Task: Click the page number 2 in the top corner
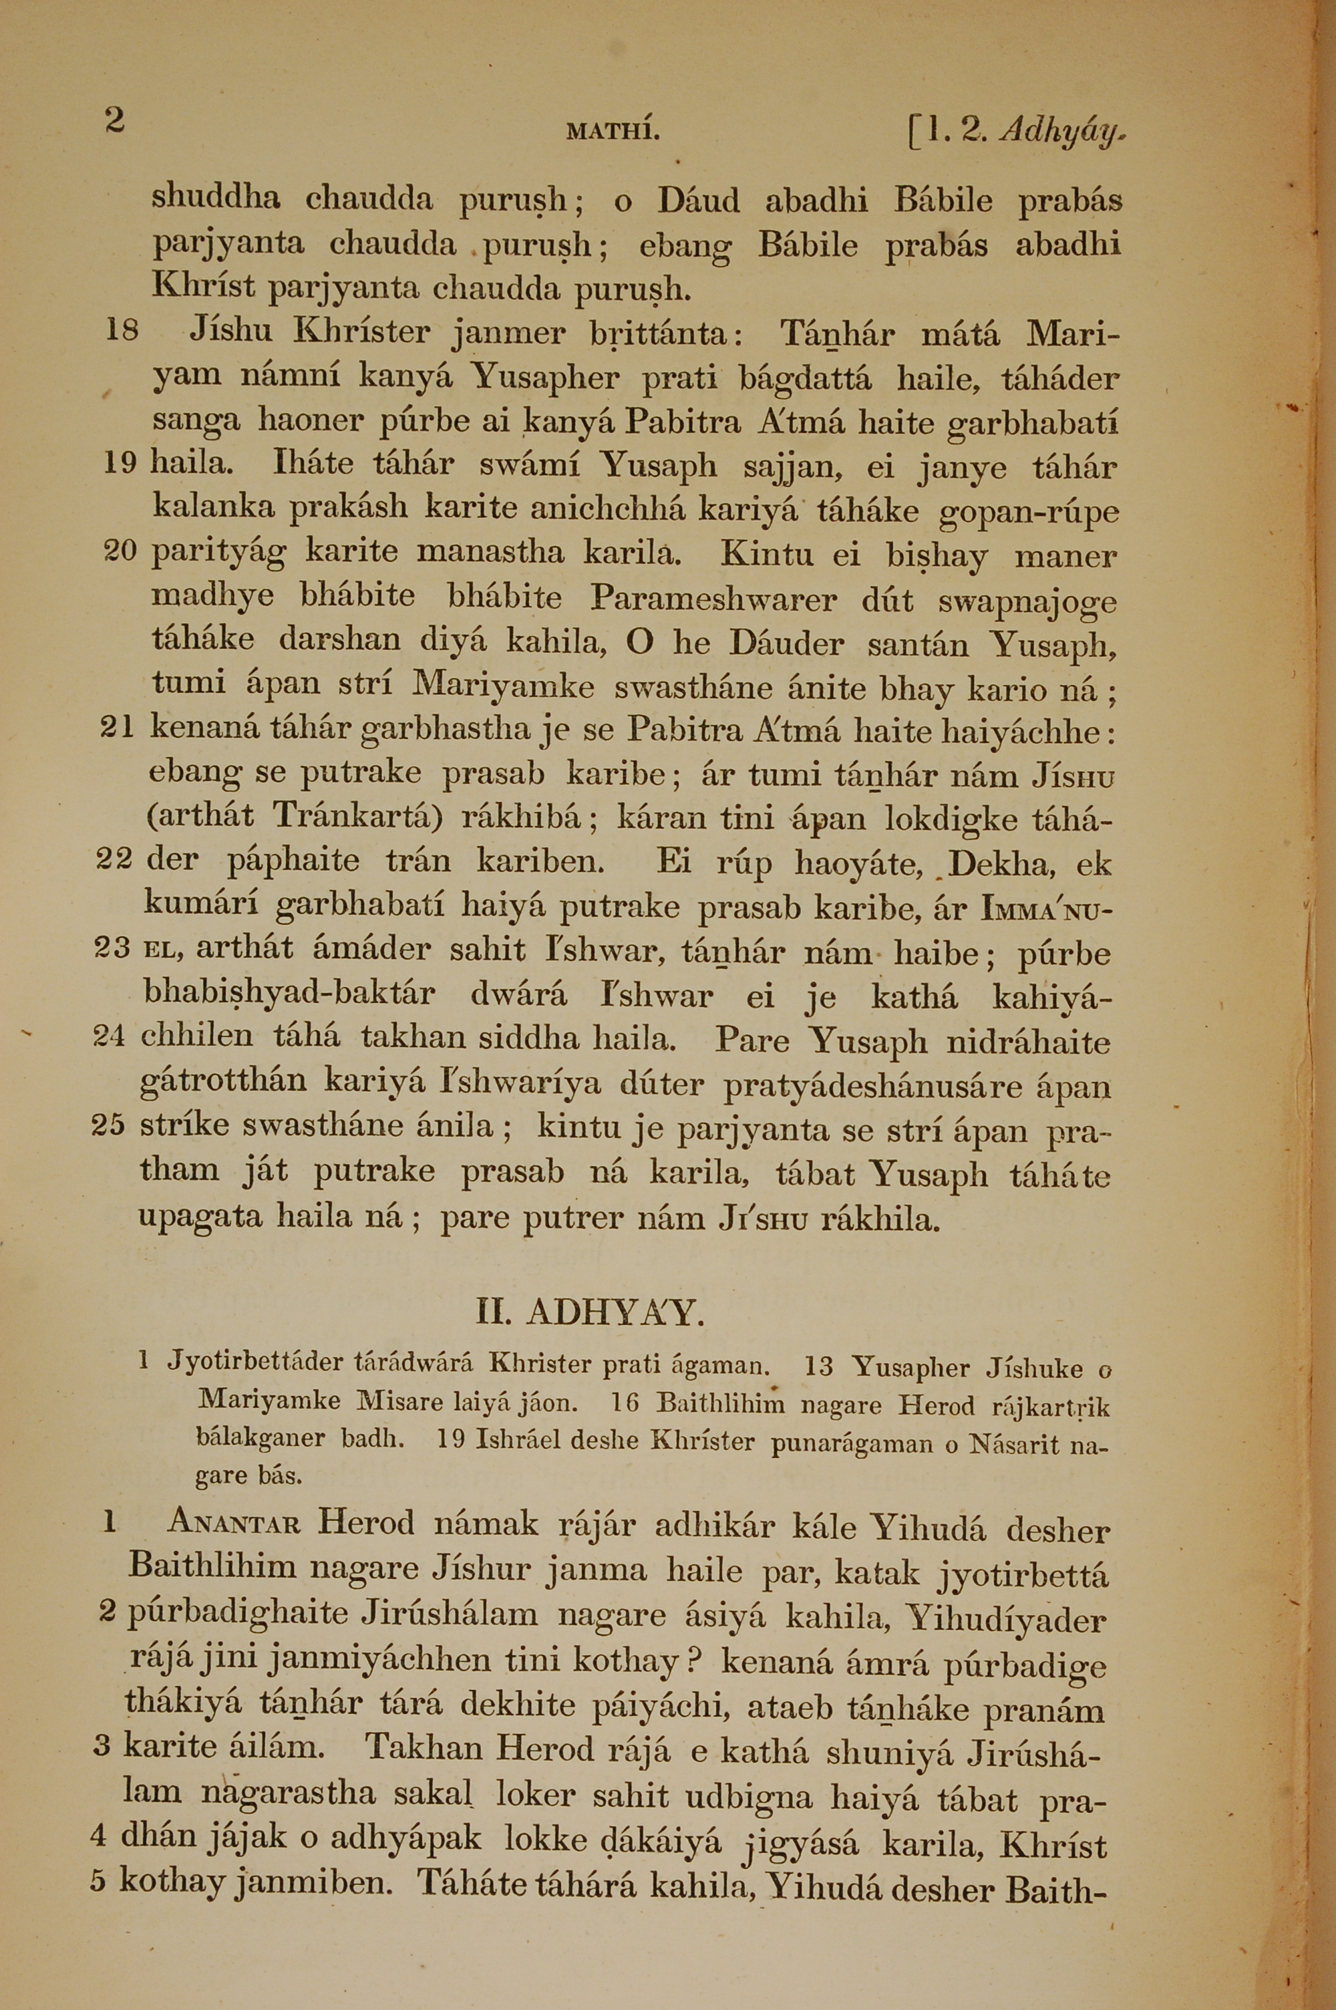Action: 114,120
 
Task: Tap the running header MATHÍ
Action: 613,132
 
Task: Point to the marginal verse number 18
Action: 121,331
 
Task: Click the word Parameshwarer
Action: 714,599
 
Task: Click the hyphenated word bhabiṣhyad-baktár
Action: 290,994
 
